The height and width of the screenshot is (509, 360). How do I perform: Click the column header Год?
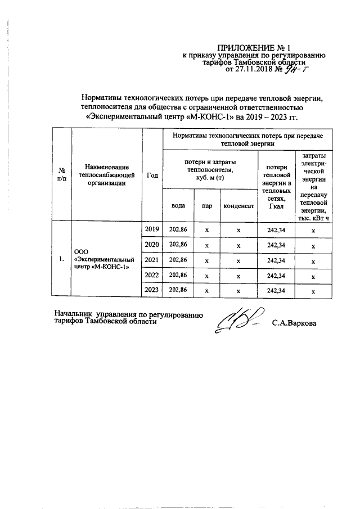pos(152,175)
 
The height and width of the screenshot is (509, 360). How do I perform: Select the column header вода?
pos(178,206)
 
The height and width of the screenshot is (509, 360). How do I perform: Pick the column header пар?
pos(207,206)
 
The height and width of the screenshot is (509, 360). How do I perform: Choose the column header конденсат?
pos(239,206)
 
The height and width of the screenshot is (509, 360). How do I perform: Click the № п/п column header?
pos(62,175)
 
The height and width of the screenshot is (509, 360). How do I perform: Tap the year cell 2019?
pos(152,229)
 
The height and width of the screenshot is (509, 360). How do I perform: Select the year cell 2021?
pos(152,260)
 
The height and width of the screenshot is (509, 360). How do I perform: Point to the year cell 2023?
pos(152,290)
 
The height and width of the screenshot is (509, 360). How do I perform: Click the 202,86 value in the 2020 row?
pos(178,245)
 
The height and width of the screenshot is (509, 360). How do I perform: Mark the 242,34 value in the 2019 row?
pos(276,229)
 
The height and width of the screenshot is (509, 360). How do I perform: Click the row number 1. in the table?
pos(62,260)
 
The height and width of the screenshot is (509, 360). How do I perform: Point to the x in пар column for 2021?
pos(207,260)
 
